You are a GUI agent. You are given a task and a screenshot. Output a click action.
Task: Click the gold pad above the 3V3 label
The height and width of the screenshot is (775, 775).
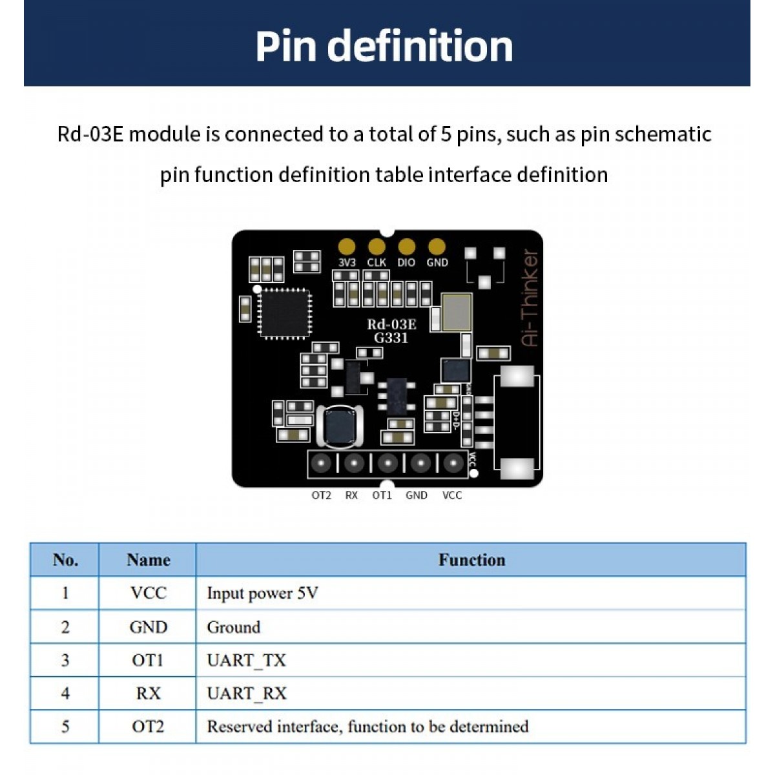click(x=347, y=246)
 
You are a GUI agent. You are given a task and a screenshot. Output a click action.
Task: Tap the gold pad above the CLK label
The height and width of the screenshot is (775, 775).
click(x=377, y=246)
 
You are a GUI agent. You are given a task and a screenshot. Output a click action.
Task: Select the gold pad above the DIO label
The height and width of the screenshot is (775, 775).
click(x=406, y=246)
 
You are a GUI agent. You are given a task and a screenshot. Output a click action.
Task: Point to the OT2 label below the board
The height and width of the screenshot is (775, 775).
click(x=321, y=495)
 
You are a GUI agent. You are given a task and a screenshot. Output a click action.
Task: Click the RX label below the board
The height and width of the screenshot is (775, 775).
click(x=351, y=495)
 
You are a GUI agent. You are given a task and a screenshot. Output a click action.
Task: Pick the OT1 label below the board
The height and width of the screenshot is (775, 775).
click(x=382, y=495)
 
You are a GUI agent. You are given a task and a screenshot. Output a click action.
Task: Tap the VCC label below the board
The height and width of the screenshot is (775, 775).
click(x=452, y=495)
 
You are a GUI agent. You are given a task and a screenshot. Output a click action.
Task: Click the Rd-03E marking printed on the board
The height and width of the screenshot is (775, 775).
click(x=391, y=324)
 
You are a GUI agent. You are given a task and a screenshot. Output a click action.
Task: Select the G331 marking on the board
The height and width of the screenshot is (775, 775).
click(x=391, y=338)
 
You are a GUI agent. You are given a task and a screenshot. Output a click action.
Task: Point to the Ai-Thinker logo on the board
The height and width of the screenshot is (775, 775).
click(x=530, y=298)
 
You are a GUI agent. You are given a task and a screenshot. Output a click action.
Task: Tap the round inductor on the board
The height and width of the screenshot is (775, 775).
click(x=340, y=426)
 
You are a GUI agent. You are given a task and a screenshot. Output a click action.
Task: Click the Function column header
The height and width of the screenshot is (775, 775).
click(x=471, y=560)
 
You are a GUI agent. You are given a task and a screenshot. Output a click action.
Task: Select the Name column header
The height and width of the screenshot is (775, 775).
click(x=148, y=560)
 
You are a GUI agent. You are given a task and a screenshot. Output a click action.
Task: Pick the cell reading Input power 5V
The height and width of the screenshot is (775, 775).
click(x=262, y=593)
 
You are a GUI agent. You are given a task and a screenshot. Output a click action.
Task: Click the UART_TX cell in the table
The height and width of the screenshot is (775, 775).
click(x=246, y=660)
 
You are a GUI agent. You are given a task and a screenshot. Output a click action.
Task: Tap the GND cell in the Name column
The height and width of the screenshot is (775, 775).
click(x=148, y=627)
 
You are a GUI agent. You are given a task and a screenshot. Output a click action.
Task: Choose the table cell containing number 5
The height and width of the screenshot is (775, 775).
click(x=65, y=727)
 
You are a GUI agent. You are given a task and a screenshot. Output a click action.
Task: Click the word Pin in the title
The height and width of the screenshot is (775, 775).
click(x=287, y=46)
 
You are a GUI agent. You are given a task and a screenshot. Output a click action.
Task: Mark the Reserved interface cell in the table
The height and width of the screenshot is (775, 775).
click(x=367, y=727)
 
